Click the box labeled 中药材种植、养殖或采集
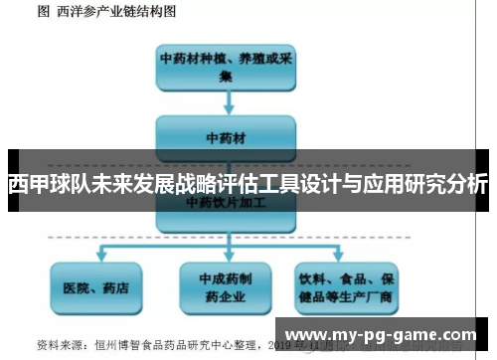coord(227,66)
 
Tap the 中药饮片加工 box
coord(227,202)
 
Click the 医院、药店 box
coord(95,288)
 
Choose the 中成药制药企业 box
coord(227,288)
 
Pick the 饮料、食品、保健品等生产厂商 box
coord(348,288)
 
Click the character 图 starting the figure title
coord(42,12)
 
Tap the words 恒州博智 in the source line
coord(112,346)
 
